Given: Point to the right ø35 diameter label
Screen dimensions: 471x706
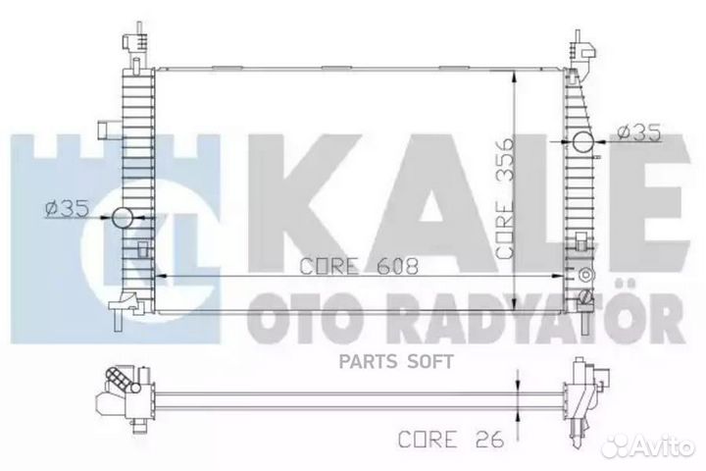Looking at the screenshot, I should (632, 131).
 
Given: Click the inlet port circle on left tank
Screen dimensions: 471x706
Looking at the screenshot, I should (124, 219).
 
